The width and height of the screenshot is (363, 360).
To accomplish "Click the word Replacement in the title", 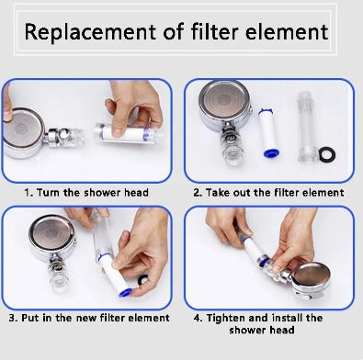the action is point(90,32).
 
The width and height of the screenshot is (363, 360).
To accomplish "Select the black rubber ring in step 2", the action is point(327,154).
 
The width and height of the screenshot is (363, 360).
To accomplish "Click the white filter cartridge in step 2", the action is point(267,133).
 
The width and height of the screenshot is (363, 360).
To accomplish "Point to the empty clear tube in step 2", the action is point(306,127).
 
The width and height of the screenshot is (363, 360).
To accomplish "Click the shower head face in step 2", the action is point(224,101).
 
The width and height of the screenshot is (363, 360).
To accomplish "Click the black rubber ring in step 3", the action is point(142,279).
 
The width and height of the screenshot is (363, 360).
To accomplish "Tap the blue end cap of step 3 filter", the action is point(125,293).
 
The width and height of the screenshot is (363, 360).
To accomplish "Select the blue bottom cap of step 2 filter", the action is point(270,152).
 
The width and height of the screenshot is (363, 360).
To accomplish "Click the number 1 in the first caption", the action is point(28,193).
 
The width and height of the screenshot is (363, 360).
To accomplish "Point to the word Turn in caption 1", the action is point(48,193).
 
